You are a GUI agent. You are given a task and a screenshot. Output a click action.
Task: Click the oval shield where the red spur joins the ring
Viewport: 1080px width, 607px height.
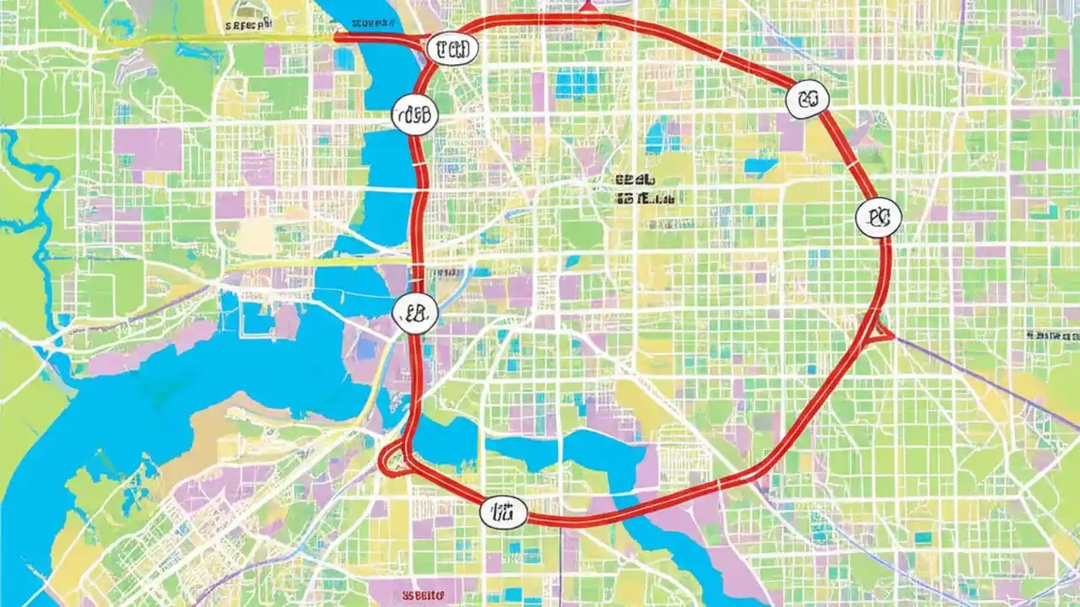click(x=448, y=50)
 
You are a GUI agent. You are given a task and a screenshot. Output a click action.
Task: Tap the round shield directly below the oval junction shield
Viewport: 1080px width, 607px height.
click(x=415, y=114)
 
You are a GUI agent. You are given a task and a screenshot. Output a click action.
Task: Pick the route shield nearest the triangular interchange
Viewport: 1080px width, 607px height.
click(x=878, y=218)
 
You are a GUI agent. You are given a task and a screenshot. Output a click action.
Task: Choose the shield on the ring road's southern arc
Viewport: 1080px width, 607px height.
click(x=503, y=511)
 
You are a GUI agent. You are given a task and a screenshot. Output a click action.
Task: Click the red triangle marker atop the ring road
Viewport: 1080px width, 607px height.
click(x=588, y=7)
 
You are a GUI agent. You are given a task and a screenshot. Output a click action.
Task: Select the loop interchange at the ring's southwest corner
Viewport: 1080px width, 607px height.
click(x=395, y=459)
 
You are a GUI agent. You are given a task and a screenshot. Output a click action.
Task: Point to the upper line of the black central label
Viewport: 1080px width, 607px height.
click(x=635, y=180)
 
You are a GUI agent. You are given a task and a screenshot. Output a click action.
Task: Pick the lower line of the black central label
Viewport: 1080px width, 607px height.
click(x=645, y=199)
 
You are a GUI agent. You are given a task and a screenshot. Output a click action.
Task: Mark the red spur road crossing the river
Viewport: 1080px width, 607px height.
click(x=371, y=37)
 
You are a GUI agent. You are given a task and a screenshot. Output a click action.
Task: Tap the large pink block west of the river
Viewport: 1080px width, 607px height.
click(x=148, y=148)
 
